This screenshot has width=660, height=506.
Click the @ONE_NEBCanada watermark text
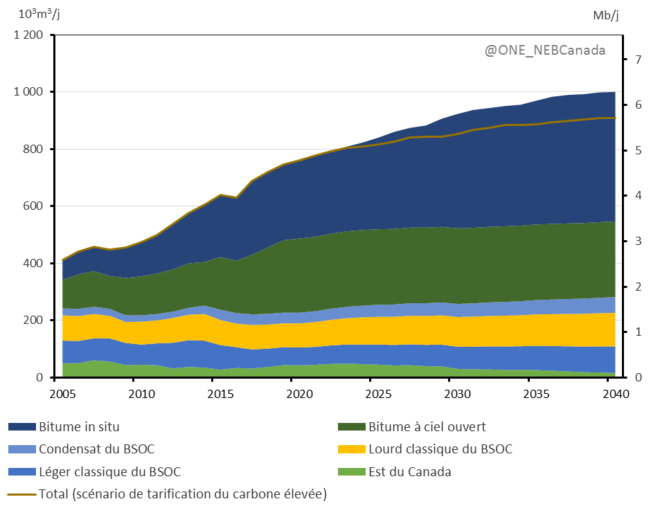point(544,51)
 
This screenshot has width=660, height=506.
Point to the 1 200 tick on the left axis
point(28,35)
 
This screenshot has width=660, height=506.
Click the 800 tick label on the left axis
point(34,149)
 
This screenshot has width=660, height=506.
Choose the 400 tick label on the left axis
point(34,263)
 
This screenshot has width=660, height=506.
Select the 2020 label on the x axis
point(292,395)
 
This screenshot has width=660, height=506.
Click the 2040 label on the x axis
point(615,395)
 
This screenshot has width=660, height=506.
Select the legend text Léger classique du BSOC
point(109,472)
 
